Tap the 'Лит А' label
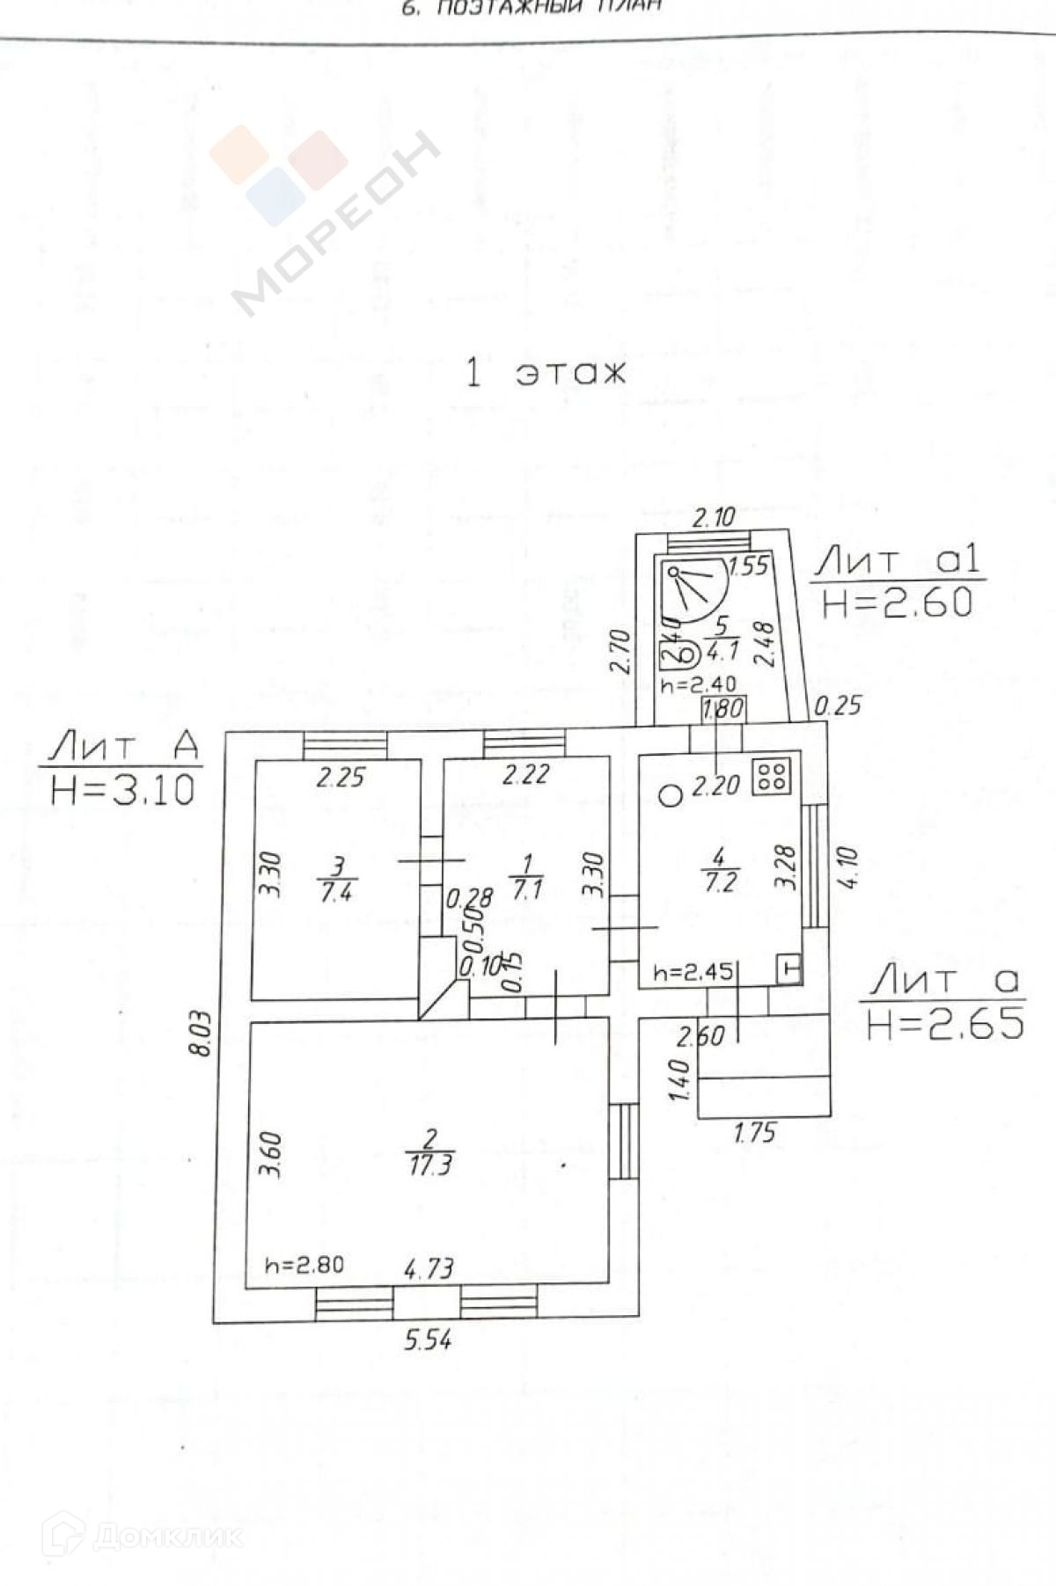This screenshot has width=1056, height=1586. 123,747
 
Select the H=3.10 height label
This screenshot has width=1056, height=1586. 122,789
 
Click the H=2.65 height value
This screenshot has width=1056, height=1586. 945,1023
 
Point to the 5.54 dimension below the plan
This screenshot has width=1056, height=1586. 428,1341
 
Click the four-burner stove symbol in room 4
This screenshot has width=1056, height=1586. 774,774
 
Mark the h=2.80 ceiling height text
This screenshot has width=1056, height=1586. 304,1265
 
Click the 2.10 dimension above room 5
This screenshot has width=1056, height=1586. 713,517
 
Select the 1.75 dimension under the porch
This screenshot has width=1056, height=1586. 755,1131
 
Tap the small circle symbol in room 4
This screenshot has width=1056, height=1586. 671,796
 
